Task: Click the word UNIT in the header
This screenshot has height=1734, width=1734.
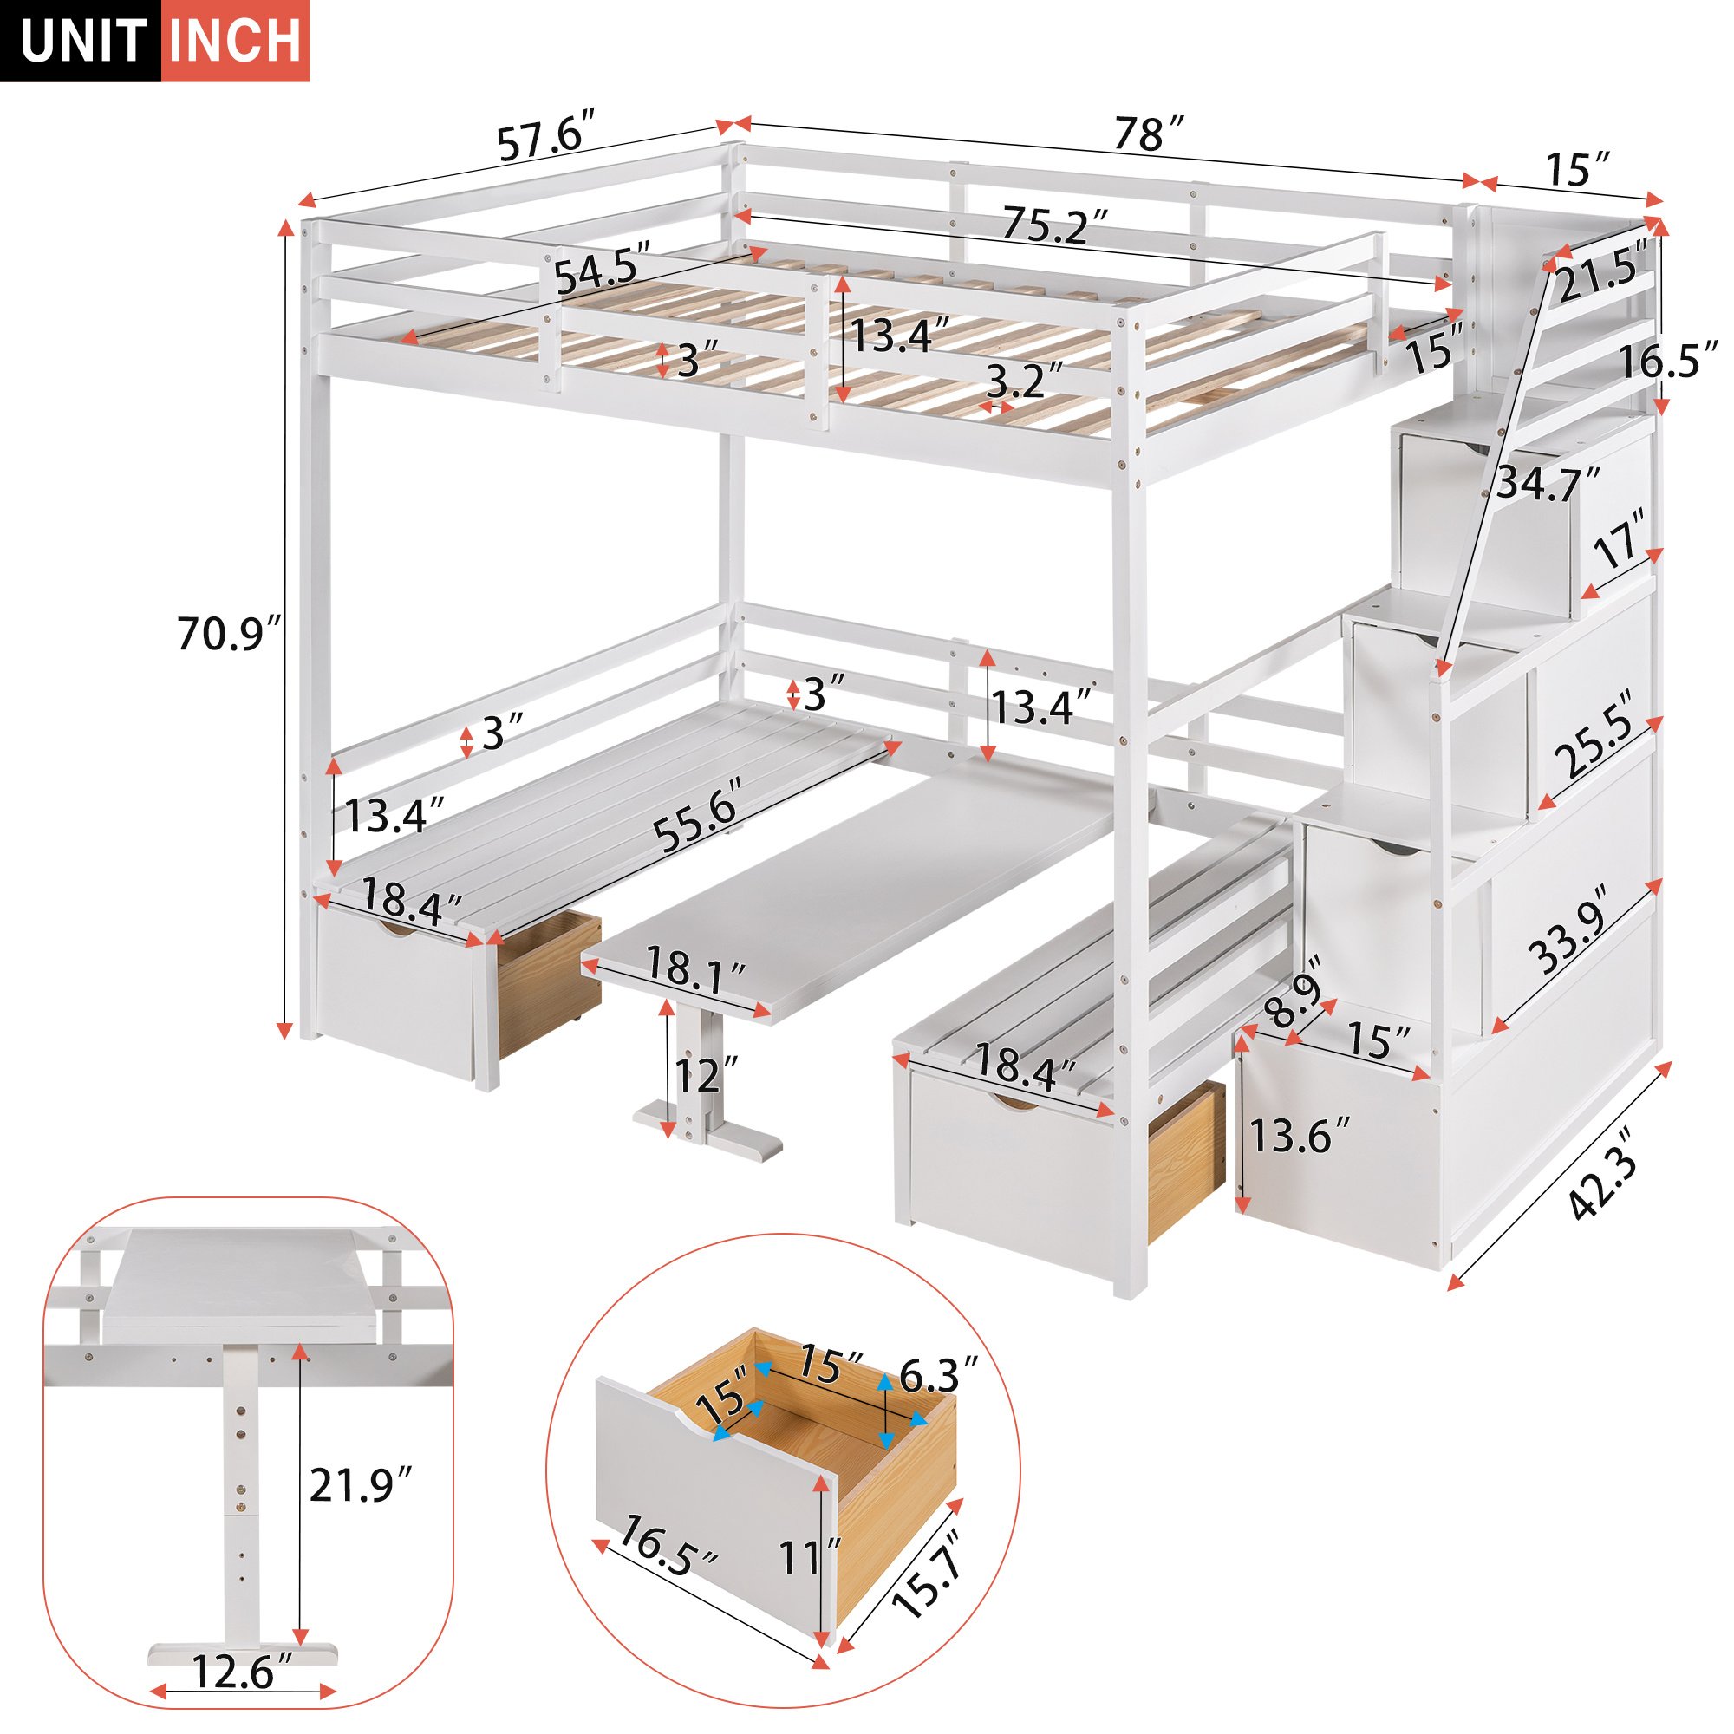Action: coord(83,42)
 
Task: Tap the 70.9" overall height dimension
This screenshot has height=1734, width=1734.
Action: coord(230,634)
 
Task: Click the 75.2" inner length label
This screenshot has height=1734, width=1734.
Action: coord(1057,225)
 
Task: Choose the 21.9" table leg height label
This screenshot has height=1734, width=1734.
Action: coord(362,1484)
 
